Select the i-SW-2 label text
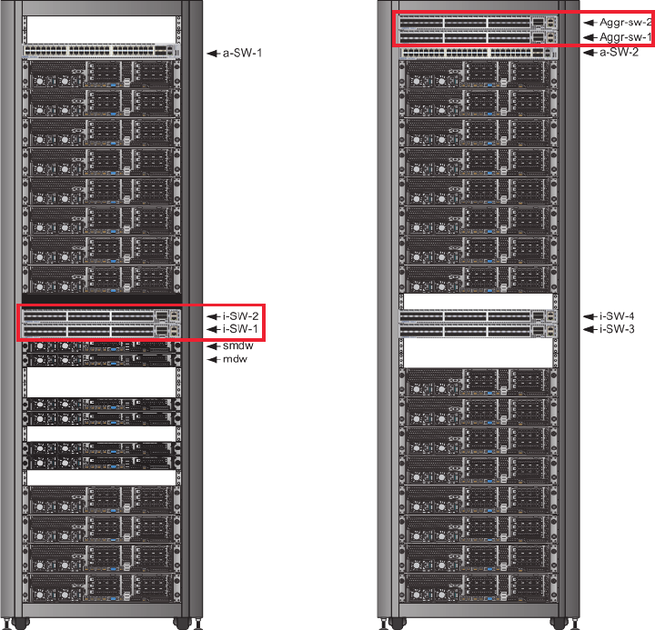241,315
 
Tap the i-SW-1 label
241,328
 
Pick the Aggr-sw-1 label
627,37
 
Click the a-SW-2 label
619,53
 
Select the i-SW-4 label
617,315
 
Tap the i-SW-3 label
617,328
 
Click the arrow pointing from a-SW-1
214,54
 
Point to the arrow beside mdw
214,360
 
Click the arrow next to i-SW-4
589,315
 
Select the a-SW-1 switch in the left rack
100,52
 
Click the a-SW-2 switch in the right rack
479,52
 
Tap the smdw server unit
100,346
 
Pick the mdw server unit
100,360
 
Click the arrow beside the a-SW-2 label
589,53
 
